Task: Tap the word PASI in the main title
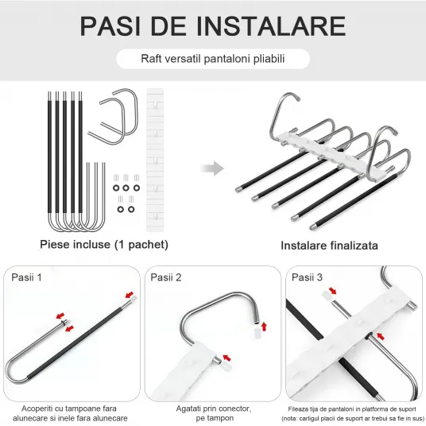point(110,26)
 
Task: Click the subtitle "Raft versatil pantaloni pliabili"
point(213,59)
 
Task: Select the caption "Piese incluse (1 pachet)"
point(104,244)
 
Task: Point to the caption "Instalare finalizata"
point(329,246)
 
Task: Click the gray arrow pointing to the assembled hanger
point(212,168)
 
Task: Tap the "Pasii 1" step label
point(27,277)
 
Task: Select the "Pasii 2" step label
point(166,277)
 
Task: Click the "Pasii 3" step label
point(307,277)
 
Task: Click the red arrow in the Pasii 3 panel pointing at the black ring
point(381,337)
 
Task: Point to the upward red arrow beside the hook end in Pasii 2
point(264,327)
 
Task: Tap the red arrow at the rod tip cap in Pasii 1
point(130,295)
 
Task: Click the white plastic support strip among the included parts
point(155,160)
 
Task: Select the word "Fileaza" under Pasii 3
point(298,409)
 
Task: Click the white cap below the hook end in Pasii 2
point(257,332)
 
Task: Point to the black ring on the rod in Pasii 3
point(370,336)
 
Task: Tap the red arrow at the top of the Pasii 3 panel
point(332,291)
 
